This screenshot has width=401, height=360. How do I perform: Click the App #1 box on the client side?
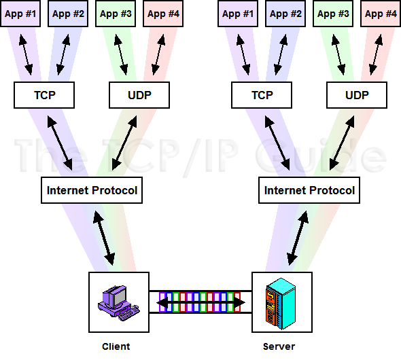pyautogui.click(x=20, y=13)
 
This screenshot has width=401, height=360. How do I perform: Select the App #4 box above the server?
pyautogui.click(x=381, y=13)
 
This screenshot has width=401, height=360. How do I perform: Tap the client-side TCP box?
pyautogui.click(x=44, y=95)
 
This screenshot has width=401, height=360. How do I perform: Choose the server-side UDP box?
pyautogui.click(x=357, y=95)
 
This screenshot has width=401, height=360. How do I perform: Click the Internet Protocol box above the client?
pyautogui.click(x=92, y=190)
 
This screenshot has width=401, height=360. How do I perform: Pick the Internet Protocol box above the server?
pyautogui.click(x=309, y=190)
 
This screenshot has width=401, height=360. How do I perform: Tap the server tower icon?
pyautogui.click(x=280, y=301)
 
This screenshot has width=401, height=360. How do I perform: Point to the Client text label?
pyautogui.click(x=116, y=346)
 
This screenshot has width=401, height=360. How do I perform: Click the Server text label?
pyautogui.click(x=279, y=346)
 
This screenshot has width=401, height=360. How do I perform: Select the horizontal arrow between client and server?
pyautogui.click(x=201, y=302)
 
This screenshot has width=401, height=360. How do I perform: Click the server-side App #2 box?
pyautogui.click(x=285, y=13)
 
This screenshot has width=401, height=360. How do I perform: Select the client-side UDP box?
pyautogui.click(x=139, y=95)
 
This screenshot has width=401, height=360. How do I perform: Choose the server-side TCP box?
pyautogui.click(x=262, y=95)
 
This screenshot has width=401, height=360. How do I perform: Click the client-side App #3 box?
pyautogui.click(x=116, y=13)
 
